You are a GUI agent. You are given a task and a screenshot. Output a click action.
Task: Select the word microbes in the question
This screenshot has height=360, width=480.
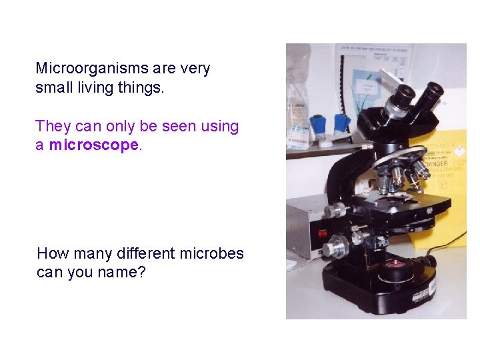(212, 253)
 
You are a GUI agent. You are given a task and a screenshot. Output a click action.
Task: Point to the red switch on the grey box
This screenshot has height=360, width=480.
(323, 233)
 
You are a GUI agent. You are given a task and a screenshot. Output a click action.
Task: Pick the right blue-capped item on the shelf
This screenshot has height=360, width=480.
(341, 123)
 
